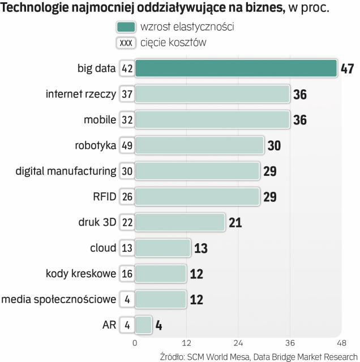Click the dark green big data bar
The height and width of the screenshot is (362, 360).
(x=237, y=68)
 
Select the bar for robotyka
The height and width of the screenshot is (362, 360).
(x=200, y=145)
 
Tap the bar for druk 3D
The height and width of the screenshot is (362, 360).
(x=180, y=222)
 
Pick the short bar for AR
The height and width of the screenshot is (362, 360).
(x=144, y=325)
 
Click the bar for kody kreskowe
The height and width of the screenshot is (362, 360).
(x=160, y=274)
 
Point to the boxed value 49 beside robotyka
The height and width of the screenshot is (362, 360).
(x=127, y=145)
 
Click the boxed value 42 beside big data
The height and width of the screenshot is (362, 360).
(x=127, y=68)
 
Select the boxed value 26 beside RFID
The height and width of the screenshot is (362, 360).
(x=127, y=197)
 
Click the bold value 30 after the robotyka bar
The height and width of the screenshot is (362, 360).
(x=274, y=146)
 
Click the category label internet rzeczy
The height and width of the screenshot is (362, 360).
(x=81, y=94)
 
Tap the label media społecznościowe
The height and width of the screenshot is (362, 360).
(x=59, y=299)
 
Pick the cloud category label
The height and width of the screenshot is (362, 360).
(x=103, y=248)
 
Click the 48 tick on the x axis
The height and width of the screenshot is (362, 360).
(x=341, y=343)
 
